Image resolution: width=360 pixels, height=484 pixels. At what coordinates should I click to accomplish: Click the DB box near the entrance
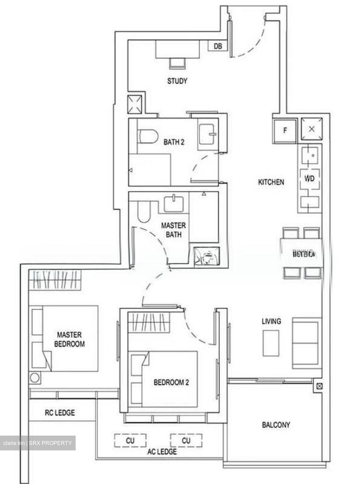(217, 46)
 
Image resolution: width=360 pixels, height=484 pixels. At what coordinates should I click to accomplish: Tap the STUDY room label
(177, 81)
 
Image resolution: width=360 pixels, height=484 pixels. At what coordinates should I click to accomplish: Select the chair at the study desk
(177, 63)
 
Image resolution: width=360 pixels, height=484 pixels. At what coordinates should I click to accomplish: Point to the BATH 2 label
(174, 142)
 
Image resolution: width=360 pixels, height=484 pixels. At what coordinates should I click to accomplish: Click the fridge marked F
(285, 130)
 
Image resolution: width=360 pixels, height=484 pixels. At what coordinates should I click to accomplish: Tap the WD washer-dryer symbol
(309, 178)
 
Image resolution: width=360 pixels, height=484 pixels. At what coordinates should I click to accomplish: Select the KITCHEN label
(271, 182)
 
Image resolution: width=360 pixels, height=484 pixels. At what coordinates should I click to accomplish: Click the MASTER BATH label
(173, 230)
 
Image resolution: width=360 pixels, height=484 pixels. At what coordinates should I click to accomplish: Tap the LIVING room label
(271, 321)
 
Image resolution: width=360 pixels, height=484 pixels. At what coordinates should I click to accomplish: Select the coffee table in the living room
(271, 343)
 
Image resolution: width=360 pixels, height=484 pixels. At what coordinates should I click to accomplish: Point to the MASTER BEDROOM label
(69, 339)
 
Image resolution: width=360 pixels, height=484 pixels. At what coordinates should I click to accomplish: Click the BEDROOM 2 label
(171, 382)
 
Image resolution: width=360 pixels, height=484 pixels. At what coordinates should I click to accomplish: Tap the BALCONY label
(276, 425)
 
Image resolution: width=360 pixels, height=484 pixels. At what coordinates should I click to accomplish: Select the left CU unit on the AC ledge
(130, 440)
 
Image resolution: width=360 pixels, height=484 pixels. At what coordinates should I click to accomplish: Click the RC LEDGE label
(60, 412)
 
